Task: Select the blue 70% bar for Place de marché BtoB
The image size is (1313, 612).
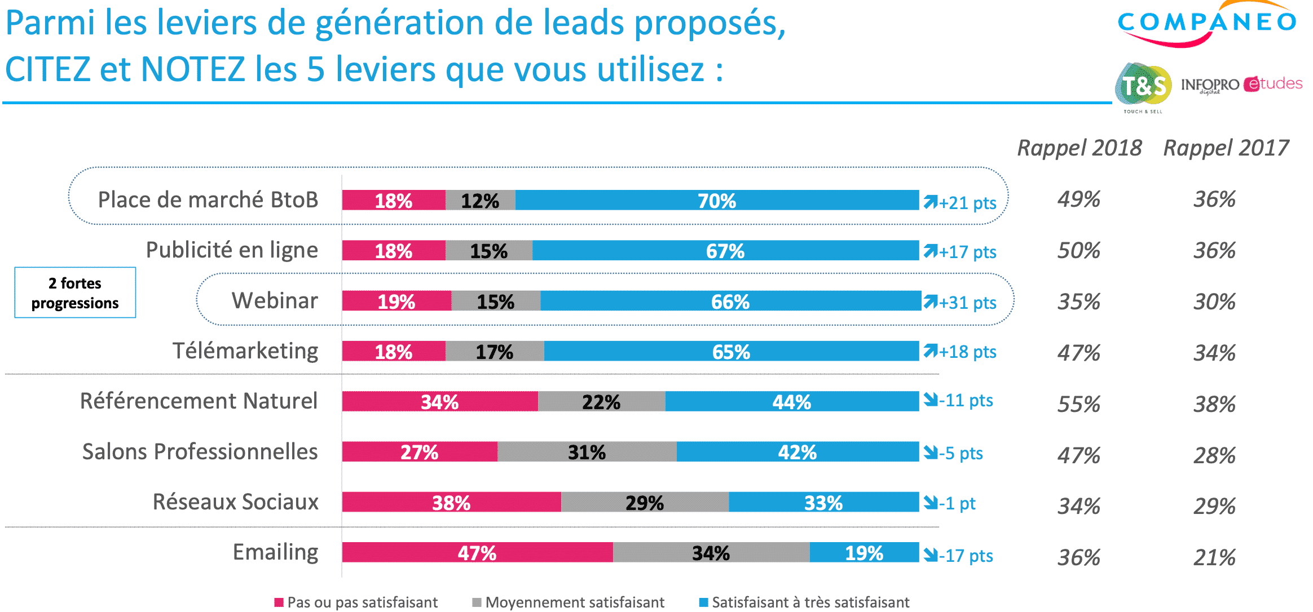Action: [x=716, y=201]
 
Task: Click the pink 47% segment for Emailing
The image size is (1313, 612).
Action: [x=477, y=553]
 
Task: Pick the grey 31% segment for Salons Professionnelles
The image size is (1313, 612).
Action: [x=587, y=452]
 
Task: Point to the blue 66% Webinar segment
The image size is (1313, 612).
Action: [x=730, y=301]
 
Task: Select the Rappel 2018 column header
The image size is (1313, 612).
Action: [x=1079, y=148]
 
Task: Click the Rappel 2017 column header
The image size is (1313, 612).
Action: [x=1226, y=148]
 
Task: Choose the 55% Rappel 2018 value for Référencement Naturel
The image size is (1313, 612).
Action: [x=1078, y=404]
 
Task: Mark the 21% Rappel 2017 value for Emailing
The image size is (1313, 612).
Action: [x=1214, y=557]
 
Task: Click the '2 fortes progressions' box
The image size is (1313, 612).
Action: [x=75, y=293]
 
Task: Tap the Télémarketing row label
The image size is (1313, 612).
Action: [x=245, y=351]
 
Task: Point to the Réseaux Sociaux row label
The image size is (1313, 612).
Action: [x=236, y=502]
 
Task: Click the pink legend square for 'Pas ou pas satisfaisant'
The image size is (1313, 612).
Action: [x=279, y=602]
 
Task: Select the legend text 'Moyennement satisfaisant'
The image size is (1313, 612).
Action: [x=575, y=602]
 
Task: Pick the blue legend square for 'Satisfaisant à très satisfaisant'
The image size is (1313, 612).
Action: [x=703, y=602]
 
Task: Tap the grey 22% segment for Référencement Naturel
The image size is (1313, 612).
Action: [x=601, y=402]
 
